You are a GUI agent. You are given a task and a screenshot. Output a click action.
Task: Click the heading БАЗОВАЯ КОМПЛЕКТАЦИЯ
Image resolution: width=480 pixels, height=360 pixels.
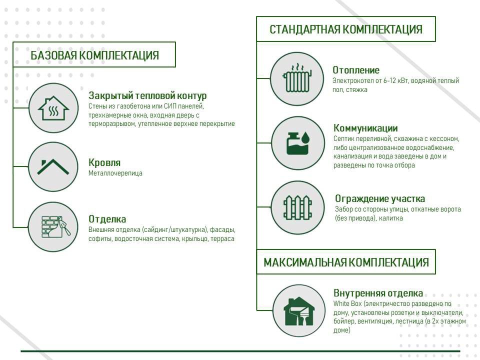pos(94,55)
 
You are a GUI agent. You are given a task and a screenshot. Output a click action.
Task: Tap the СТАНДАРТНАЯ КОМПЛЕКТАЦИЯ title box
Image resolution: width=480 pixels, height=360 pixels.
pos(346,29)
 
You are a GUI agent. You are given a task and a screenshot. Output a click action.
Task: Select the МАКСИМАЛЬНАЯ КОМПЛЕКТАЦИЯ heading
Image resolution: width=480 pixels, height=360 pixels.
pos(346,262)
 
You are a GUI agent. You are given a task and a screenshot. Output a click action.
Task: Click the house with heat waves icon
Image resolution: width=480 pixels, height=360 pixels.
pos(53,108)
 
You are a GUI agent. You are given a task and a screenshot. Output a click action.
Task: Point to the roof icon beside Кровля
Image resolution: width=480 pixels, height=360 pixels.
pos(53,167)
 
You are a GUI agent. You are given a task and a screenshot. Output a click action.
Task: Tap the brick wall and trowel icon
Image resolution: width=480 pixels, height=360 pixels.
pos(55,227)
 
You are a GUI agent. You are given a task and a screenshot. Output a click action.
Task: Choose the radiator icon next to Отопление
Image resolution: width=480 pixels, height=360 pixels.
pos(297,78)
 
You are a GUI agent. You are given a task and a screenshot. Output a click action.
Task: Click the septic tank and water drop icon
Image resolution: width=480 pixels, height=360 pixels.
pos(298,143)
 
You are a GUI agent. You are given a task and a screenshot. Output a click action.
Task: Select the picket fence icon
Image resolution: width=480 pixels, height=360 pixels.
pos(297,207)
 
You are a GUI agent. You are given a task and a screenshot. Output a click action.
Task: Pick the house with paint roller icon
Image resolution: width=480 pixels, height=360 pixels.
pos(298,311)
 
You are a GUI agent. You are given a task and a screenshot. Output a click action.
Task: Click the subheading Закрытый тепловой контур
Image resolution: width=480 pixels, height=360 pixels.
pos(147,96)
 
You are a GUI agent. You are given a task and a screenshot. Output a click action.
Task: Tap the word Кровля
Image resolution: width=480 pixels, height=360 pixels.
pos(104,162)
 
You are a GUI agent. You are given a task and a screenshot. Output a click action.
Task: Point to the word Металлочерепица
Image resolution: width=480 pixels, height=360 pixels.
pos(115,173)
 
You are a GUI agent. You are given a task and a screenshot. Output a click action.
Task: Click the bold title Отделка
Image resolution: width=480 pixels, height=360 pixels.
pos(107,219)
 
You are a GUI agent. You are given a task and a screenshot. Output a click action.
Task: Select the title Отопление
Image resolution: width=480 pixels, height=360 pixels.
pos(356,70)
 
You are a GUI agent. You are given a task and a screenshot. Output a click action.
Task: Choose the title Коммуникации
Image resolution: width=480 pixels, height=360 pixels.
pos(365,128)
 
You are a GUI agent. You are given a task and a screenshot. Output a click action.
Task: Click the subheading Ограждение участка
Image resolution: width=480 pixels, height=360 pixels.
pos(380,198)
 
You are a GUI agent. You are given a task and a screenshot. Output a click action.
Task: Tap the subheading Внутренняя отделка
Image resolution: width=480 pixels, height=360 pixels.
pos(378,293)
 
